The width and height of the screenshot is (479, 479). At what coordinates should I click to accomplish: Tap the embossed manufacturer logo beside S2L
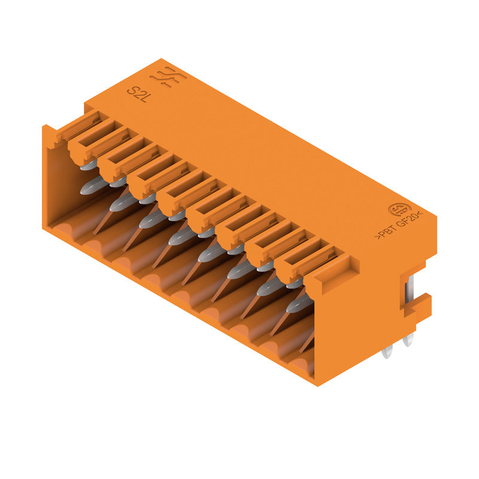(x=167, y=78)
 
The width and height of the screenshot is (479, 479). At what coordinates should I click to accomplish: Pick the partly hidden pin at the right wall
(x=307, y=342)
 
